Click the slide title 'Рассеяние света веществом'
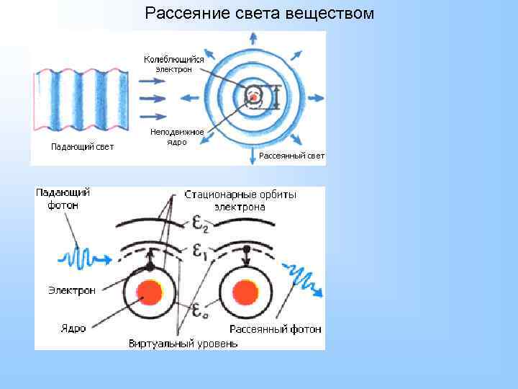tap(259, 13)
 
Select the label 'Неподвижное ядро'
tap(176, 137)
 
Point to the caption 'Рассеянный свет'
tap(291, 156)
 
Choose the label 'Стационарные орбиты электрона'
tap(240, 200)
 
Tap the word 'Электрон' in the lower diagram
tap(72, 290)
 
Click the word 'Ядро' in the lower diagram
tap(73, 328)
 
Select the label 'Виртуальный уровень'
tap(183, 344)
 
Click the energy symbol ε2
tap(201, 224)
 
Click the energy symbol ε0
tap(201, 310)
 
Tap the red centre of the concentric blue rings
tap(253, 96)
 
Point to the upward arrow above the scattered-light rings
tap(253, 40)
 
